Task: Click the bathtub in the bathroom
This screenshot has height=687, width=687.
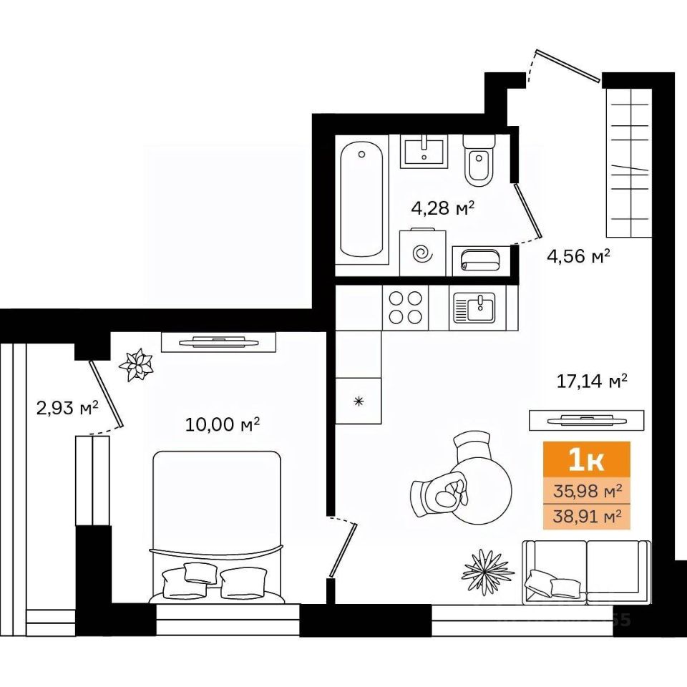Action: [361, 200]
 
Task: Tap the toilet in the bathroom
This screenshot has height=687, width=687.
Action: [479, 160]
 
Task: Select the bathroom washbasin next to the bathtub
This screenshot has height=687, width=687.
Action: [424, 151]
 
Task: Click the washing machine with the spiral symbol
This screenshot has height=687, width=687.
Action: [423, 252]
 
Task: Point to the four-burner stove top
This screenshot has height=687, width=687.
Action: [405, 307]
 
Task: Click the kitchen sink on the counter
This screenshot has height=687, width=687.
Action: [474, 308]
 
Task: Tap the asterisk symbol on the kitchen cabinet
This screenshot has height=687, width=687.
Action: [359, 401]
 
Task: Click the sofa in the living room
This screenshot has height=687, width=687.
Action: [587, 572]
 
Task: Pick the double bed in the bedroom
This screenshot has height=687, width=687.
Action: [216, 527]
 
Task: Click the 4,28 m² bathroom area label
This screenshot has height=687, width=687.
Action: [443, 208]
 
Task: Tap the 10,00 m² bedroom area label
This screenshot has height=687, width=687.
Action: [223, 424]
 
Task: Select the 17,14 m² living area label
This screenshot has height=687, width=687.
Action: [592, 381]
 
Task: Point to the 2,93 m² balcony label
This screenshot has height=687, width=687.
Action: [67, 409]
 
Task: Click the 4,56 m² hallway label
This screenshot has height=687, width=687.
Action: [579, 256]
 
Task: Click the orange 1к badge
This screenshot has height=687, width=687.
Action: [587, 461]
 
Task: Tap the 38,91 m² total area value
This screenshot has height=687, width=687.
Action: [587, 517]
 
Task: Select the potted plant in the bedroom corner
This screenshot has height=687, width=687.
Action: [136, 364]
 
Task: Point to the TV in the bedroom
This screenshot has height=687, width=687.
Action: [218, 342]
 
